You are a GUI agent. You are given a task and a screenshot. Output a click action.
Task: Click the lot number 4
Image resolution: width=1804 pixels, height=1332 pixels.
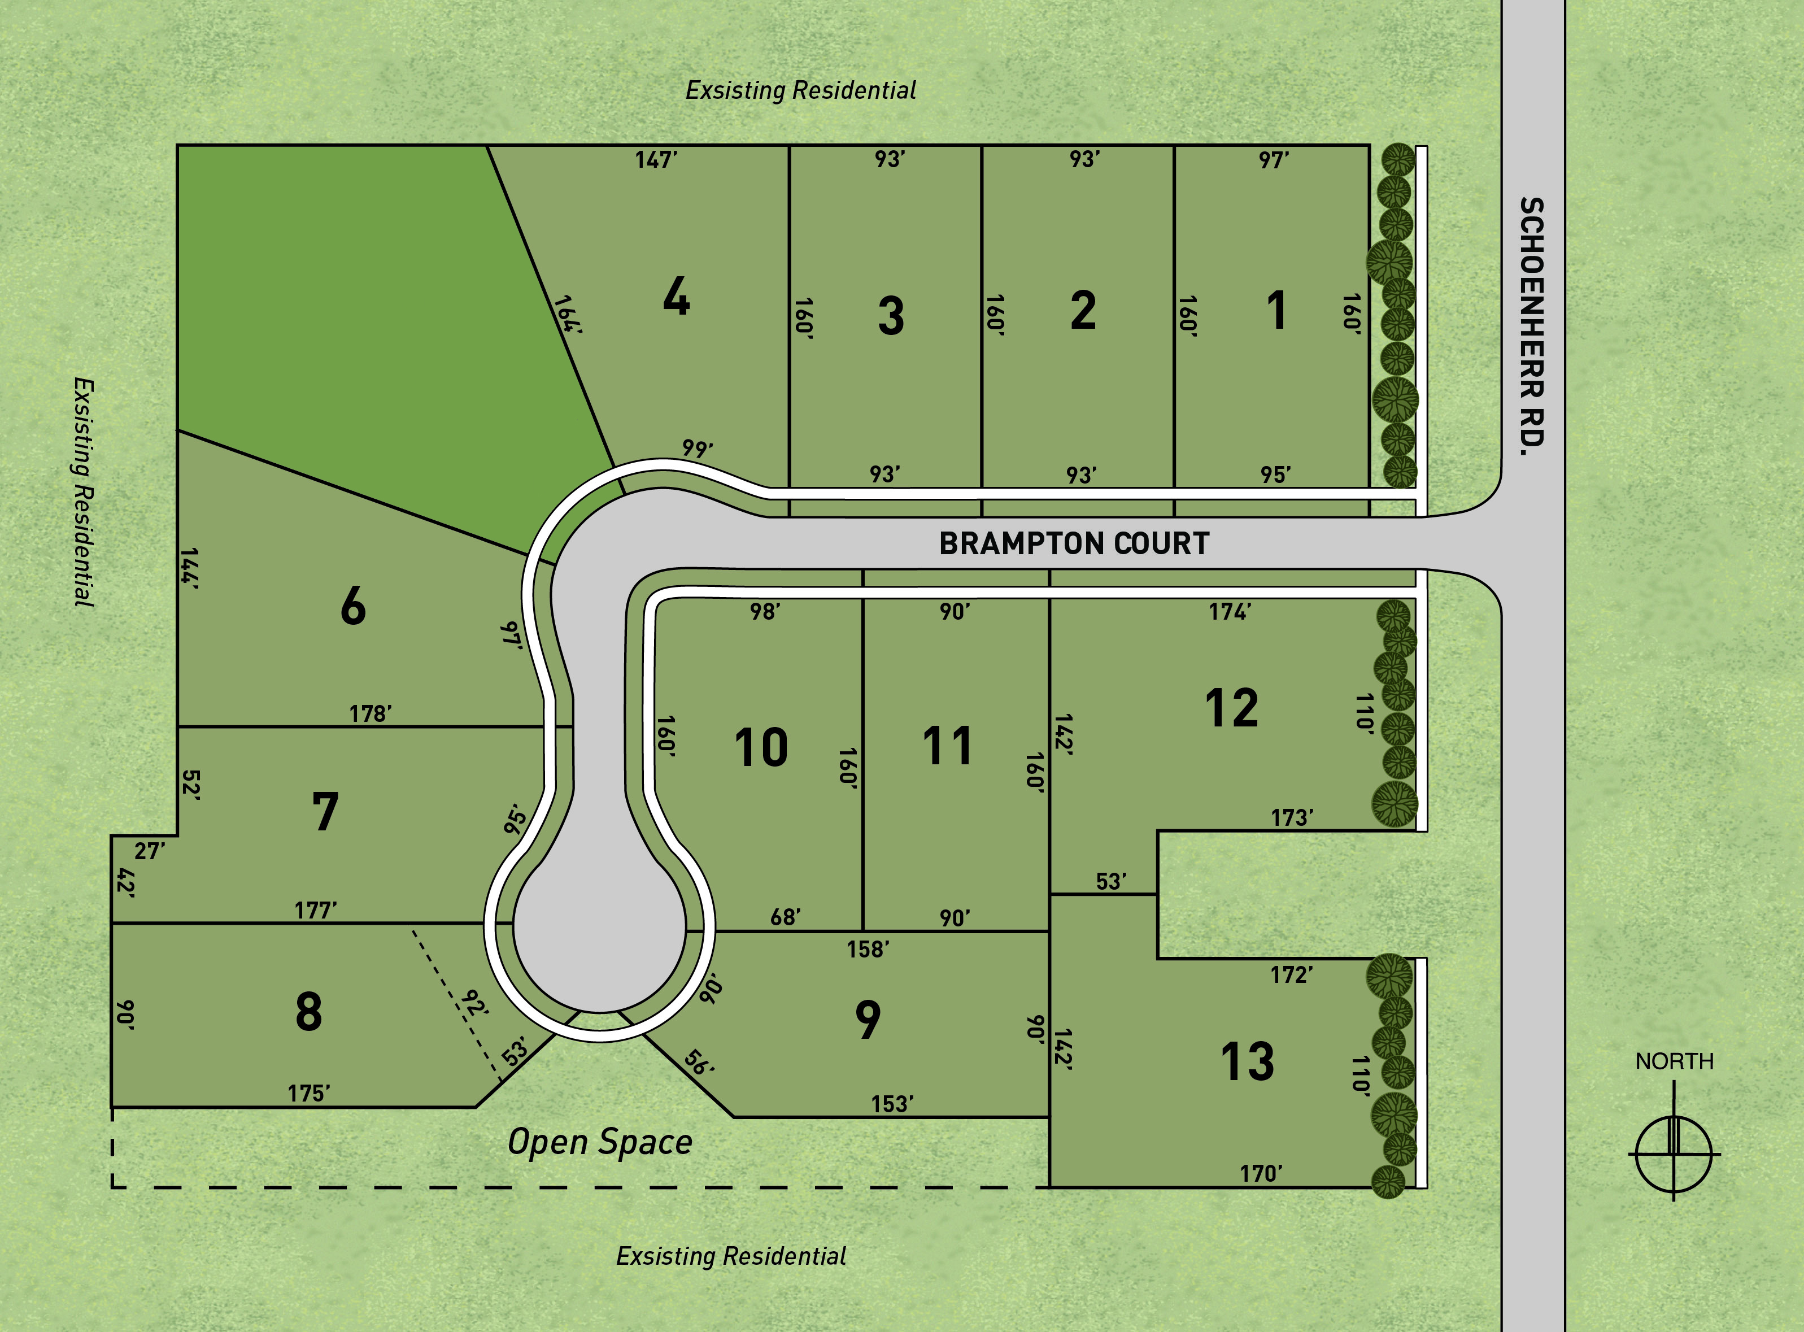(676, 297)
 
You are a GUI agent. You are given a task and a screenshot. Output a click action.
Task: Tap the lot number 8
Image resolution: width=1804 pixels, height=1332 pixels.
(309, 1012)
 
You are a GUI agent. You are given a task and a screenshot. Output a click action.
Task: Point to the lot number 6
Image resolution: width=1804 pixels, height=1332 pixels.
(353, 606)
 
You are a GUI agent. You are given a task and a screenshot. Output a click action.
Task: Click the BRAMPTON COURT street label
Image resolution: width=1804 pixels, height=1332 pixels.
(1074, 543)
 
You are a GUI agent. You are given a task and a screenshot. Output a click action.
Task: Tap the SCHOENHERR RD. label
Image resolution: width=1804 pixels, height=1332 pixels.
(1532, 327)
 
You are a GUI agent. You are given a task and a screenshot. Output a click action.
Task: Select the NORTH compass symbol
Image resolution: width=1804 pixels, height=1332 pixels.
(1674, 1153)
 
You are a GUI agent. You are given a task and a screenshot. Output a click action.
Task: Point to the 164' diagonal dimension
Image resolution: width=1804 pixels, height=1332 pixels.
(567, 315)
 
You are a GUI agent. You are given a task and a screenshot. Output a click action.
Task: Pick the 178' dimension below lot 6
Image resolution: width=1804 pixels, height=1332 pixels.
(371, 713)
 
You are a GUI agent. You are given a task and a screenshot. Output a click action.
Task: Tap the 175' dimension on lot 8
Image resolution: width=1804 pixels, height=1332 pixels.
(310, 1094)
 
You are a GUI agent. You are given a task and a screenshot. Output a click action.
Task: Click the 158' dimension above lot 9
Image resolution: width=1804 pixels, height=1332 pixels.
(868, 949)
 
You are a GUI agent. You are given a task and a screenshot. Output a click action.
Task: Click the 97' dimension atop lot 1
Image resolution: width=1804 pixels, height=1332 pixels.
(1274, 160)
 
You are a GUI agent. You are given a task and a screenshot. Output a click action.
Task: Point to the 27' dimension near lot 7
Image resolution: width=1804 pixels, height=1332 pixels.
(150, 851)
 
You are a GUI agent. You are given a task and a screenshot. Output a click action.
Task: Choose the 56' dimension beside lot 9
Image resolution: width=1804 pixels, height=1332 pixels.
(699, 1063)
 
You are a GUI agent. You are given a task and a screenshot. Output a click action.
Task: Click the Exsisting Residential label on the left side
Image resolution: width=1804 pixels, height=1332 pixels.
(84, 492)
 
